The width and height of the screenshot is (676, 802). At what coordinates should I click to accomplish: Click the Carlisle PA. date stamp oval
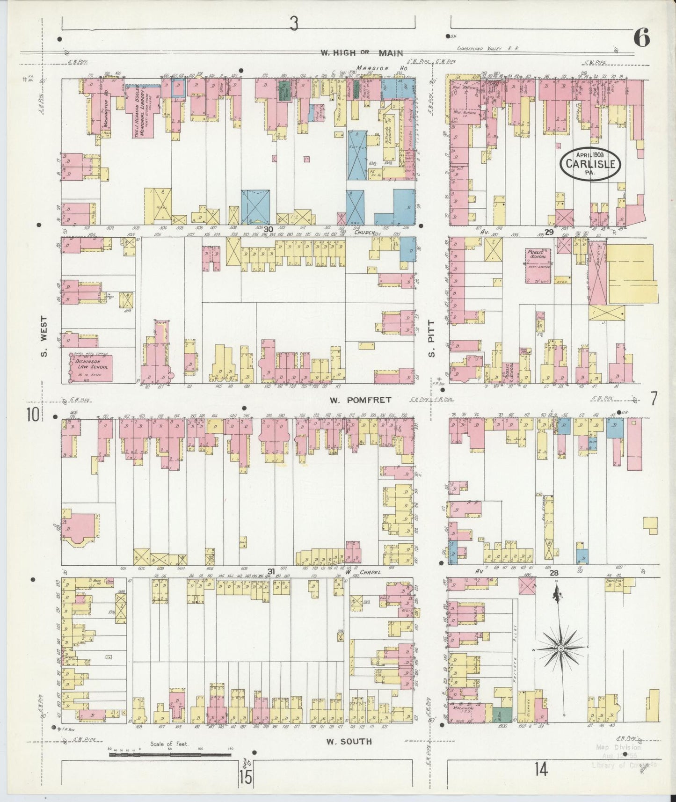(x=591, y=163)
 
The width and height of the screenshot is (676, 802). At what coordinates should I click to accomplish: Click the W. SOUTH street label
(x=349, y=741)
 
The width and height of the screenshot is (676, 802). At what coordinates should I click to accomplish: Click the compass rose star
(x=560, y=648)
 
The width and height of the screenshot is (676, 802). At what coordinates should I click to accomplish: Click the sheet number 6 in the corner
(x=642, y=39)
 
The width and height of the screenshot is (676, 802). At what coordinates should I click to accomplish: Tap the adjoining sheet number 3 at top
(x=293, y=24)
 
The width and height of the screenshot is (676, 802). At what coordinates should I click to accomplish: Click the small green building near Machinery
(x=502, y=714)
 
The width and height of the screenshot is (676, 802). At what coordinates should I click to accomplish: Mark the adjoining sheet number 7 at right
(x=653, y=399)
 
